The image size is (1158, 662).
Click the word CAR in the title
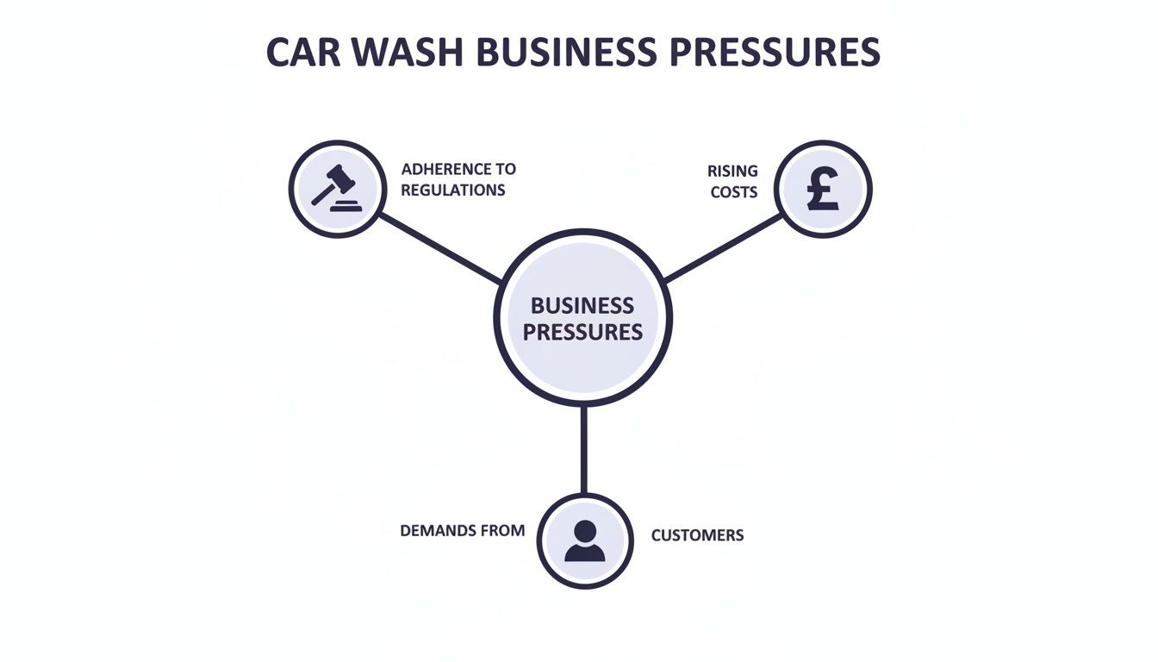click(298, 53)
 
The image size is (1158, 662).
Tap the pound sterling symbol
click(823, 190)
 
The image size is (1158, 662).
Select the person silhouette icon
click(585, 541)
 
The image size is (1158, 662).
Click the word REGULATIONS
click(453, 190)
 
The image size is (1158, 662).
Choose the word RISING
click(732, 171)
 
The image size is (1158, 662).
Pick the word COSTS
click(734, 191)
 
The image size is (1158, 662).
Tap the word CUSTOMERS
click(697, 535)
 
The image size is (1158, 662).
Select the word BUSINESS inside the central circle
click(582, 305)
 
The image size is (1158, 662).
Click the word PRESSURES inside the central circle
click(582, 332)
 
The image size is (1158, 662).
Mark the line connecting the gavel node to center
click(439, 248)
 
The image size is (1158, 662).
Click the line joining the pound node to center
click(724, 248)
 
